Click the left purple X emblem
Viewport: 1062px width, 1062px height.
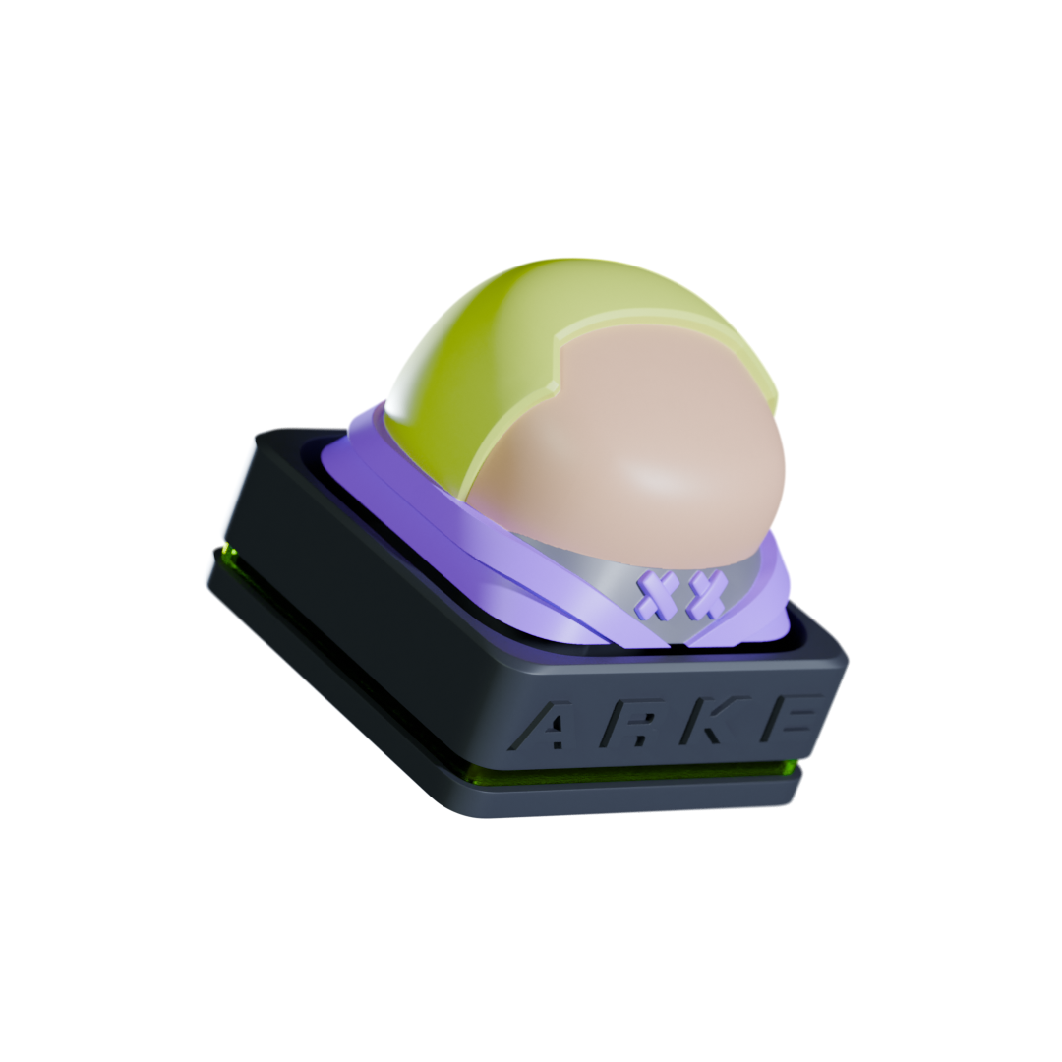coord(659,593)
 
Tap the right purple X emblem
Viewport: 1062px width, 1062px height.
coord(706,594)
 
